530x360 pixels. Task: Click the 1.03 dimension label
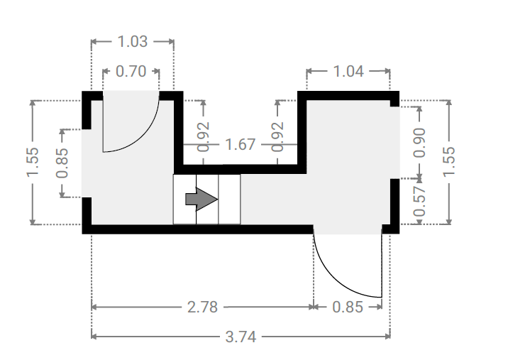coord(133,42)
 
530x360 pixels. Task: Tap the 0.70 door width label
coord(131,72)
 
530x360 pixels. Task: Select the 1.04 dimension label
coord(348,72)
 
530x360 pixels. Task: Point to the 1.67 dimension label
coord(240,144)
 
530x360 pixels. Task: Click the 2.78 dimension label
coord(202,307)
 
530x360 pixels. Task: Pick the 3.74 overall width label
coord(241,337)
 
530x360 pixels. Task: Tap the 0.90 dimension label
coord(419,143)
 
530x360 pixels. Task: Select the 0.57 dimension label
coord(419,202)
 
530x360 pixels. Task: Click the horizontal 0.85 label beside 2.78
coord(348,307)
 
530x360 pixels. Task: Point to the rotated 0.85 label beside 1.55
coord(62,163)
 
